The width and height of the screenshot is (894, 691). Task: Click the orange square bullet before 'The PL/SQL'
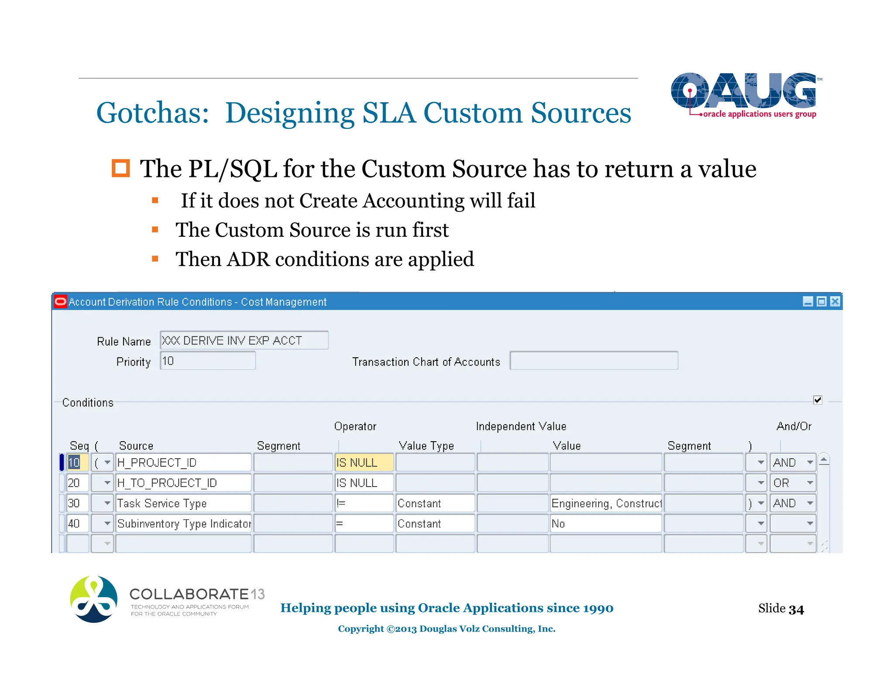[121, 169]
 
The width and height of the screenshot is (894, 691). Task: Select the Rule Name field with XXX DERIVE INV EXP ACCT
[244, 340]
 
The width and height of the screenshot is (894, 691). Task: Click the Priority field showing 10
[207, 361]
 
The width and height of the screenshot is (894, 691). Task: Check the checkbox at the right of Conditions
[818, 400]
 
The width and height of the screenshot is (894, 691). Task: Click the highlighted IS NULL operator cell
[364, 463]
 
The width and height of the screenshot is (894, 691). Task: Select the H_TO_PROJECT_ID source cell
[183, 483]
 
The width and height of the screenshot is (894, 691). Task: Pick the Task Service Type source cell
[183, 503]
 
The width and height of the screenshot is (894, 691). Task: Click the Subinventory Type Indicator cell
[183, 524]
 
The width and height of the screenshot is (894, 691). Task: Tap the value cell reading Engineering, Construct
[606, 503]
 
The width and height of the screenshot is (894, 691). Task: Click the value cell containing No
[606, 524]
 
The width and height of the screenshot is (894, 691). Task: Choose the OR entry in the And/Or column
[788, 483]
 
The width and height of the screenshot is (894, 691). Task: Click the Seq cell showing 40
[77, 524]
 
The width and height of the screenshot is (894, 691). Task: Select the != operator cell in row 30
[364, 503]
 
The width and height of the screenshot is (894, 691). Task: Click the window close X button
[835, 301]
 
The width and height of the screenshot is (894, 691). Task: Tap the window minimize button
[808, 301]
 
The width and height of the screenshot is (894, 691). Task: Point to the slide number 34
[796, 609]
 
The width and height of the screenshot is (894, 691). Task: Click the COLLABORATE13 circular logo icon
[94, 599]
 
